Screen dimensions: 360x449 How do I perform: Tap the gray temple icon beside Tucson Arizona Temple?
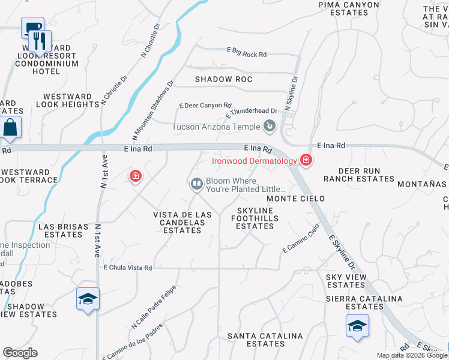(x=270, y=126)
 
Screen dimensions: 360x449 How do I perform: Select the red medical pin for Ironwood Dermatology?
(x=306, y=160)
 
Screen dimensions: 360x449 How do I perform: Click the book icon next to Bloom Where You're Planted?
(x=196, y=185)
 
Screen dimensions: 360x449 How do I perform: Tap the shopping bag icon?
(x=11, y=127)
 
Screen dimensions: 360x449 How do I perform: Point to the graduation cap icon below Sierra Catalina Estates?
(x=357, y=326)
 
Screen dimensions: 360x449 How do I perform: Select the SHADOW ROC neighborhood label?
(x=223, y=79)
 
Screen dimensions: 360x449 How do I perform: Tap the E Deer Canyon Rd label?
(x=205, y=106)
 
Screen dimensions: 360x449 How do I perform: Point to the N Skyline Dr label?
(x=291, y=92)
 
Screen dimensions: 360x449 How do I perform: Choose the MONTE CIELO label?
(x=296, y=199)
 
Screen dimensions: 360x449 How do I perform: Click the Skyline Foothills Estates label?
(x=255, y=218)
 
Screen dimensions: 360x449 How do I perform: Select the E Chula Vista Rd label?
(x=128, y=268)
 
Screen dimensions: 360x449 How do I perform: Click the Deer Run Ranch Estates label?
(x=359, y=175)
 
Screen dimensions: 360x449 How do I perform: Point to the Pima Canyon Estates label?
(x=349, y=8)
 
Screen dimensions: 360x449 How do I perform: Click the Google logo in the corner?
(x=20, y=353)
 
